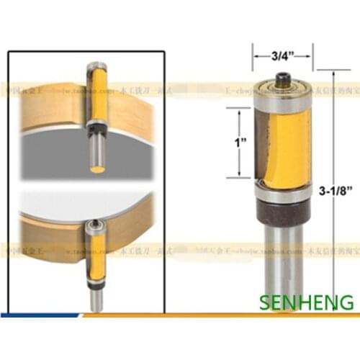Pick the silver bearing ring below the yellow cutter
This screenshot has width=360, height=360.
(282, 192)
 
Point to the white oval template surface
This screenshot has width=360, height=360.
(72, 209)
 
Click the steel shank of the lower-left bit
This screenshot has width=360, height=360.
(95, 299)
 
